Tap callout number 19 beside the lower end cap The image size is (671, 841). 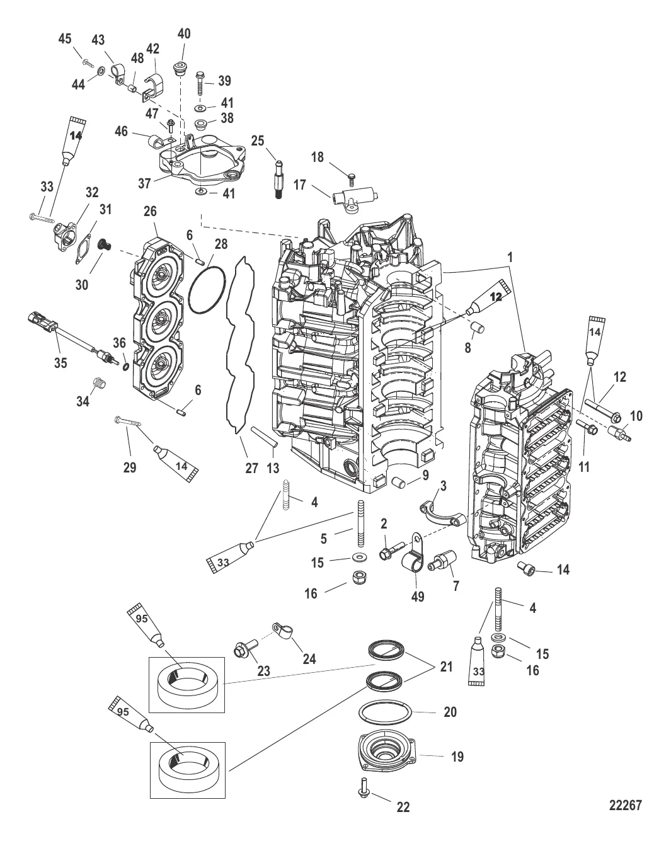pyautogui.click(x=457, y=756)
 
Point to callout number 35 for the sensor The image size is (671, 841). pyautogui.click(x=60, y=363)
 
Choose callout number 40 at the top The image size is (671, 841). pyautogui.click(x=184, y=33)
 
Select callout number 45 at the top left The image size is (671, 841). pyautogui.click(x=64, y=39)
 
